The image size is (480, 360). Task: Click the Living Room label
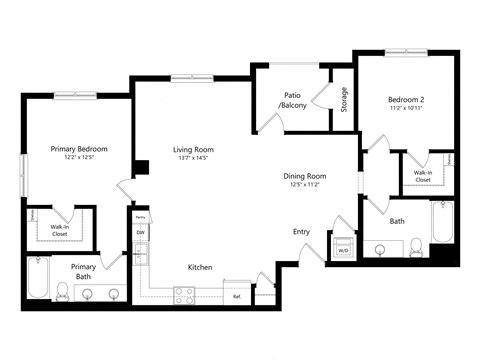193,149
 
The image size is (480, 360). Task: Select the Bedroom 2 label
407,99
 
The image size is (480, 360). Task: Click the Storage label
344,99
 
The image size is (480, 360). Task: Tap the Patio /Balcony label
293,100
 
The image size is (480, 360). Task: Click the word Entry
301,231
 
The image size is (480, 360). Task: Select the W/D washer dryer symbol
343,247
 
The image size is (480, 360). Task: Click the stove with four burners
185,294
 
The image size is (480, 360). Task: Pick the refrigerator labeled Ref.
237,296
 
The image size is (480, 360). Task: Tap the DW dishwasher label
141,233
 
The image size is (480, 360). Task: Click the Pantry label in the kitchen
141,216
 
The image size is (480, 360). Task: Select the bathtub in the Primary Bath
38,279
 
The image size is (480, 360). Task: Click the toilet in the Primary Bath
62,291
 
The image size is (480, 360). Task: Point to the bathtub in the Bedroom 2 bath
442,223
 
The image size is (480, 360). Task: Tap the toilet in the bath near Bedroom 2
414,247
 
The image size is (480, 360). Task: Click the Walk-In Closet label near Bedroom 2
422,176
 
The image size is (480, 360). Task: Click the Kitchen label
200,267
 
